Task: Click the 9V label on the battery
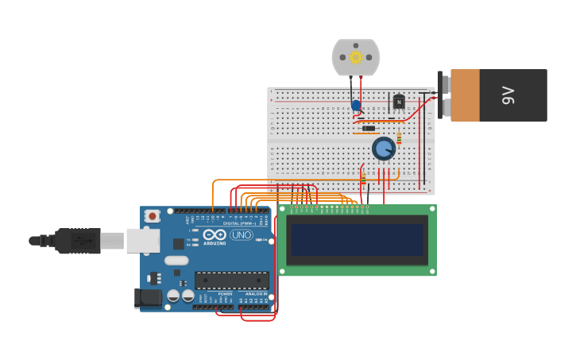coord(508,95)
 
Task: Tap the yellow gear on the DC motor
coord(356,57)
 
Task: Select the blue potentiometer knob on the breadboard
coord(384,148)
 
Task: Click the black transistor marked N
coord(398,102)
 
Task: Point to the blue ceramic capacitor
coord(356,105)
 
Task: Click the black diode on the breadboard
coord(369,128)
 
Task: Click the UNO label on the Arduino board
coord(241,235)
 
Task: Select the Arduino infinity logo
coord(215,235)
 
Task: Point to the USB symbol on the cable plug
coord(79,240)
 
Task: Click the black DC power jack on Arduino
coord(148,298)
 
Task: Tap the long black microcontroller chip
coord(232,280)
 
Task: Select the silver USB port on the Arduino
coord(142,240)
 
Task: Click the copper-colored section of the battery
coord(466,95)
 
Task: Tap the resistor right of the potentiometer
coord(399,140)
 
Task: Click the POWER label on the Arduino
coord(225,294)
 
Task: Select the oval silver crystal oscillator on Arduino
coord(176,260)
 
